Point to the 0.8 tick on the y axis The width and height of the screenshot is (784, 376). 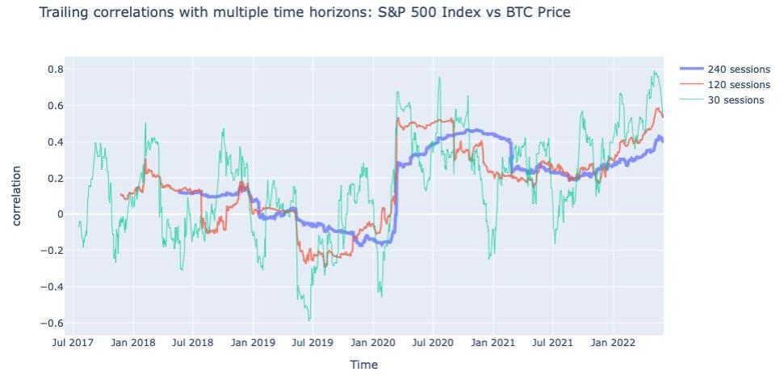tap(53, 70)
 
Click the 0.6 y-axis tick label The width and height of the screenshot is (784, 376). tap(53, 106)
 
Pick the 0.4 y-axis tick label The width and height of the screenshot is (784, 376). tap(53, 142)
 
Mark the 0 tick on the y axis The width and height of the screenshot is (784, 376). tap(58, 214)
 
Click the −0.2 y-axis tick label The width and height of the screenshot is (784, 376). tap(51, 251)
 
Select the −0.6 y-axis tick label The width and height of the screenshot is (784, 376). tap(51, 323)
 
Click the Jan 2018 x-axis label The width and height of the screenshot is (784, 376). tap(133, 343)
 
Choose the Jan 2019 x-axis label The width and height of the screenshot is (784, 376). tap(253, 343)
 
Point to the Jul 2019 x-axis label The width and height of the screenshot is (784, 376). tap(312, 343)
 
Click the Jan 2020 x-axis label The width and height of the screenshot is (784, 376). tap(372, 343)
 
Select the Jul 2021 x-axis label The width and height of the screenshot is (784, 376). tap(552, 343)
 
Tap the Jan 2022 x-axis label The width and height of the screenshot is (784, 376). tap(612, 343)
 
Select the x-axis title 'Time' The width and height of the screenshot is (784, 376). tap(363, 365)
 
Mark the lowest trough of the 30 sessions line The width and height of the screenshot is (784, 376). tap(309, 320)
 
